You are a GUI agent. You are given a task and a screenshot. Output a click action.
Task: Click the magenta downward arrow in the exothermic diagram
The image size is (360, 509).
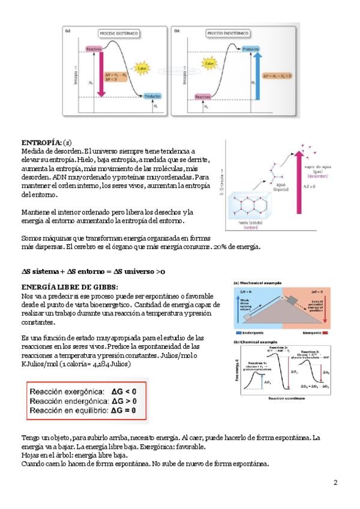click(x=101, y=72)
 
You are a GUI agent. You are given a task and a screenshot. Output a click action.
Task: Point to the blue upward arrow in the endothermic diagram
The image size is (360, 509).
click(x=257, y=74)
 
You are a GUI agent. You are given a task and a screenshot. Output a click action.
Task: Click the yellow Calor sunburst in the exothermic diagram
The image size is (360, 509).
click(x=143, y=67)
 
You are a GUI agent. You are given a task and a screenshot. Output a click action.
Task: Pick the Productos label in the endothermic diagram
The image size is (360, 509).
click(x=251, y=49)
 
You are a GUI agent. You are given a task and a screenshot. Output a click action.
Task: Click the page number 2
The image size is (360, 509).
click(x=335, y=483)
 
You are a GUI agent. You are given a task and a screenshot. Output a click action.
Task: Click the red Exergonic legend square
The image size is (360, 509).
click(x=325, y=331)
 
